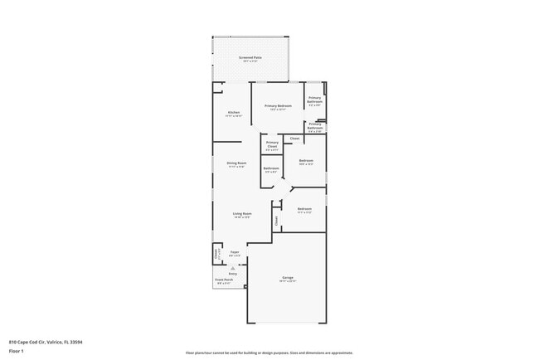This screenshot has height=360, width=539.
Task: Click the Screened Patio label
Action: tap(250, 58)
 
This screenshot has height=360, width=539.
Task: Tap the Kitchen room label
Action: tap(234, 113)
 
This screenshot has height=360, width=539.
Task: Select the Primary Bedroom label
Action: tap(278, 106)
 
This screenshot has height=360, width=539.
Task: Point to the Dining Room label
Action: tap(237, 163)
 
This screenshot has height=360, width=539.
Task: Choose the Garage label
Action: tap(287, 278)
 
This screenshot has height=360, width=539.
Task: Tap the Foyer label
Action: tap(235, 252)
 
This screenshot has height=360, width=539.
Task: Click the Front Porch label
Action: tap(224, 280)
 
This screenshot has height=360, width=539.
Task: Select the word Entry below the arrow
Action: tap(233, 273)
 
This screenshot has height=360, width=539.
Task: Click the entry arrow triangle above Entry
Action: tap(233, 267)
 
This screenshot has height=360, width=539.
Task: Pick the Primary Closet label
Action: tap(272, 144)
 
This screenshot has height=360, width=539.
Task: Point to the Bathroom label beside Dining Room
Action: tap(271, 168)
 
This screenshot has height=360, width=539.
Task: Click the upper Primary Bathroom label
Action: tap(315, 99)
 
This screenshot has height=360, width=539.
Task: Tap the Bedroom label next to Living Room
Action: tap(304, 209)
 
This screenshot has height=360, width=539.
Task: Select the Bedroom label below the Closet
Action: tap(305, 160)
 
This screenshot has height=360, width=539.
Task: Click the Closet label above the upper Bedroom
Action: tap(294, 138)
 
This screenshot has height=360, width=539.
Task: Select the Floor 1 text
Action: tap(17, 351)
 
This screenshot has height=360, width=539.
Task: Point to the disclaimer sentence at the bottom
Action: tap(269, 353)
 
